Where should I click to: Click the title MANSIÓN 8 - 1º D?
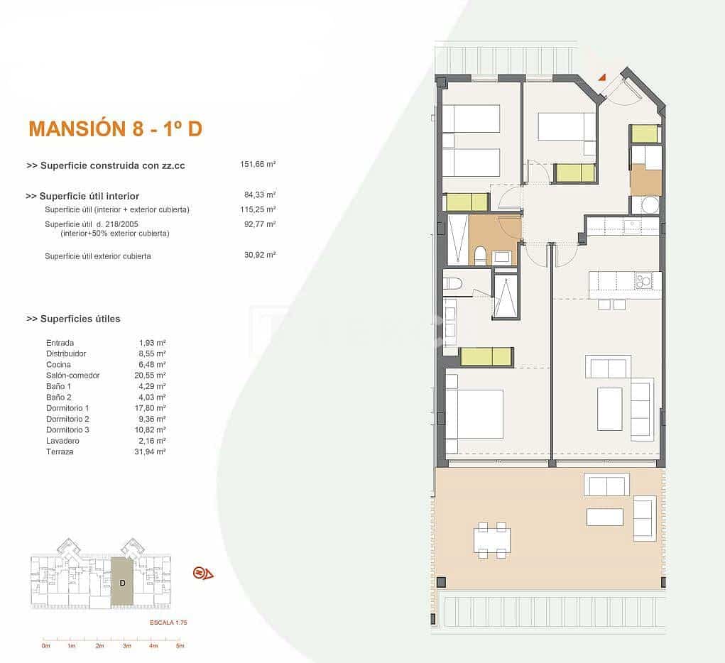coord(115,128)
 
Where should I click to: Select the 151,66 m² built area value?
coord(258,164)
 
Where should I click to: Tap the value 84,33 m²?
coord(259,194)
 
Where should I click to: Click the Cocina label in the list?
coord(58,364)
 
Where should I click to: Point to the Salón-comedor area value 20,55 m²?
coord(152,375)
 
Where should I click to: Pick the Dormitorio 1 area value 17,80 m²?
coord(152,408)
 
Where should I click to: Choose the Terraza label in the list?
coord(59,451)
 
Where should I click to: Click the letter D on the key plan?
coord(122,583)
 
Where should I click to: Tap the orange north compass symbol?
coord(203,573)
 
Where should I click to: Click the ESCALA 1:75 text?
coord(168,623)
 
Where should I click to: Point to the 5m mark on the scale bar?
coord(180,646)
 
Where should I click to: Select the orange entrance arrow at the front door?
coord(601,77)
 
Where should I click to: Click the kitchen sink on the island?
coord(645,280)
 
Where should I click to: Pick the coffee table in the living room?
coord(609,409)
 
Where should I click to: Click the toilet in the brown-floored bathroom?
coord(480,255)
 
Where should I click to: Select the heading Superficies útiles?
coord(73,319)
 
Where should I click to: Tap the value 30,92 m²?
coord(259,255)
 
